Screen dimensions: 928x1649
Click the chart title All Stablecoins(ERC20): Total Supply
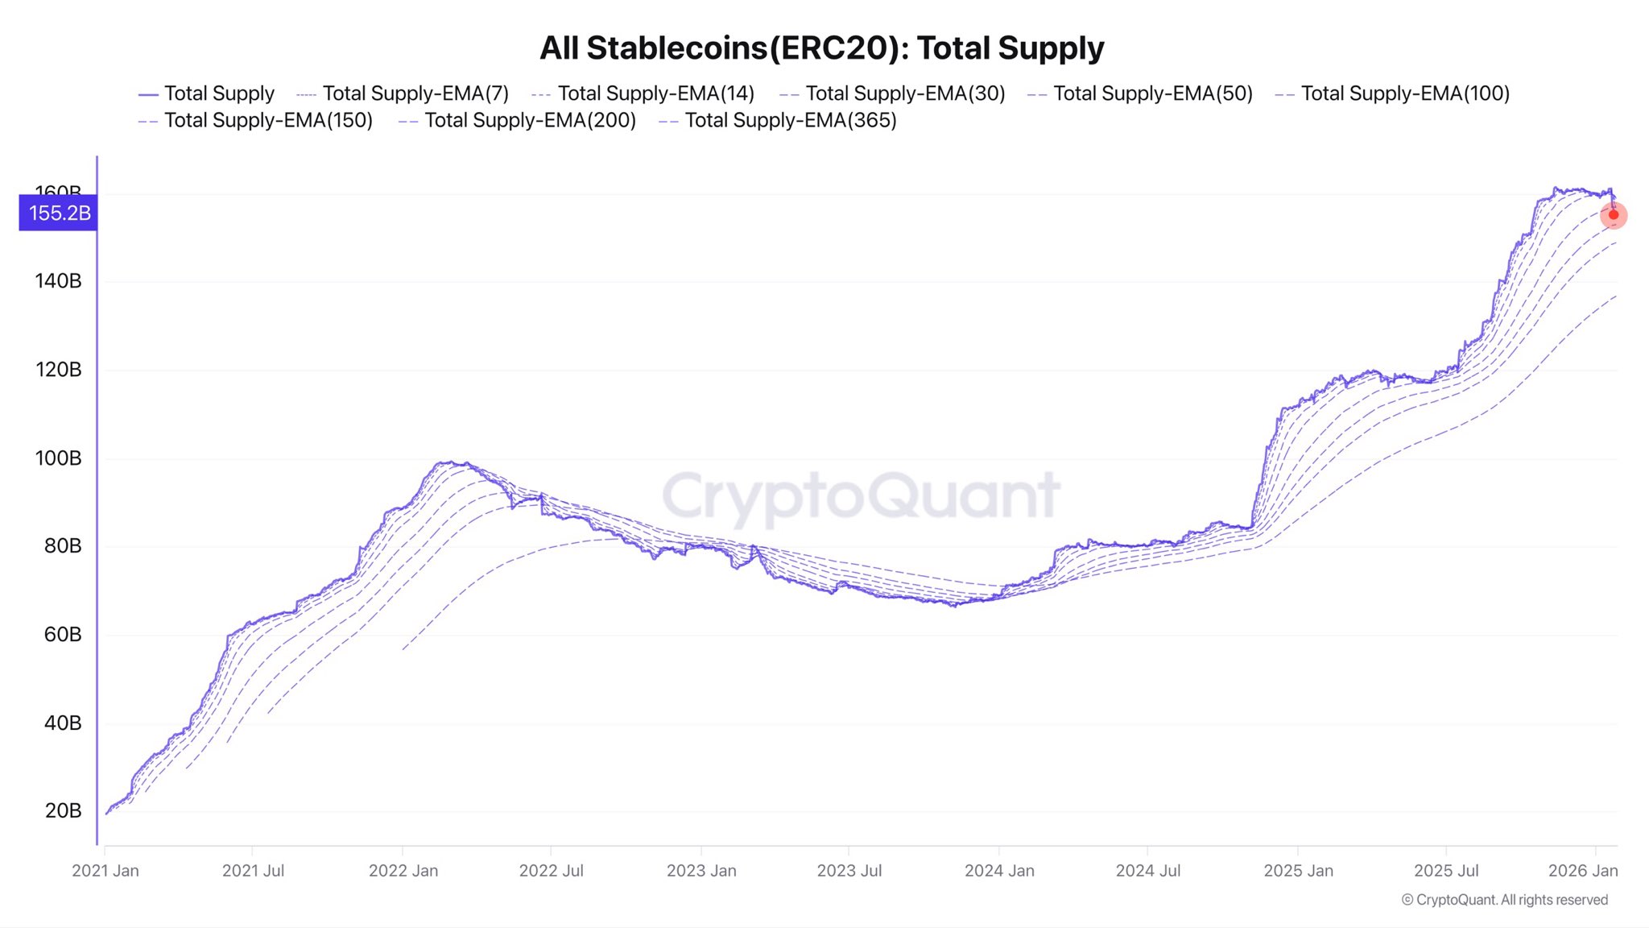[x=821, y=48]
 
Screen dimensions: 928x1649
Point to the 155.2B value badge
[x=59, y=213]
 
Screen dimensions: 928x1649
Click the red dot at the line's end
[x=1614, y=215]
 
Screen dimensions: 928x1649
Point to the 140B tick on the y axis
[x=58, y=281]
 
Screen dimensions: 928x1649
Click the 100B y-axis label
[x=58, y=458]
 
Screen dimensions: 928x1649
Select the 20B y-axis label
[x=63, y=811]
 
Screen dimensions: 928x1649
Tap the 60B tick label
[x=63, y=635]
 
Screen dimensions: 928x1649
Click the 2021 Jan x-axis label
[x=105, y=871]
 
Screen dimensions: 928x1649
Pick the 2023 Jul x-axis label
[x=849, y=871]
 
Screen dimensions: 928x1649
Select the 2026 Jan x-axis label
[x=1582, y=871]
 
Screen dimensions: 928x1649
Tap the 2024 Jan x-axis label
[x=999, y=871]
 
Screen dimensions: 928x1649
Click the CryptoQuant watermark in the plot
[x=861, y=495]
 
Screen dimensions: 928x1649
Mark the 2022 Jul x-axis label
[x=551, y=871]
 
